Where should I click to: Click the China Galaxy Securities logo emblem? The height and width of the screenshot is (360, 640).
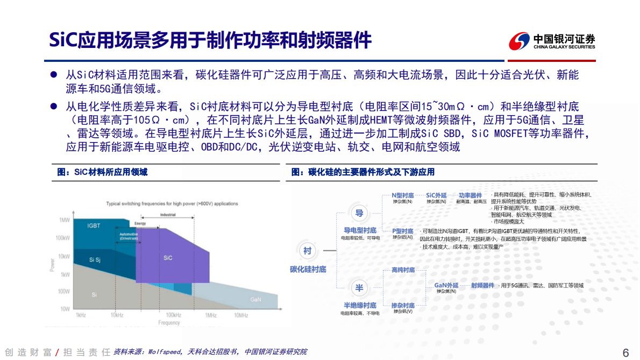click(x=519, y=41)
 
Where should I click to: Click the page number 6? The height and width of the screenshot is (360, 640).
click(x=625, y=352)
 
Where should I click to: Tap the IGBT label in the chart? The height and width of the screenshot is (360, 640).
click(x=94, y=226)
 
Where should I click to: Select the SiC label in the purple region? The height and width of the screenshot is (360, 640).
click(x=168, y=258)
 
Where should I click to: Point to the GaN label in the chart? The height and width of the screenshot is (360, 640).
click(x=256, y=299)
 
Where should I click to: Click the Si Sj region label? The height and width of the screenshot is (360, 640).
click(x=95, y=260)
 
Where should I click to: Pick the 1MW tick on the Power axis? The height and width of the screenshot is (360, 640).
click(x=65, y=221)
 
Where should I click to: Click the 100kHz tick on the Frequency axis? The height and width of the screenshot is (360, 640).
click(x=173, y=315)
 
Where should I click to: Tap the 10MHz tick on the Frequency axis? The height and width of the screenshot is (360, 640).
click(x=240, y=315)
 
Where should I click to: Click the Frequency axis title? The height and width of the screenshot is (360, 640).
click(x=169, y=322)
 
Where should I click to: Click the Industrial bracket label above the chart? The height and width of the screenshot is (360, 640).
click(x=168, y=215)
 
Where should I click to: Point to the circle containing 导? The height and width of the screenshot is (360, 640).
click(x=359, y=213)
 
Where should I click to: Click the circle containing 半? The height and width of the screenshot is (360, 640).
click(x=359, y=288)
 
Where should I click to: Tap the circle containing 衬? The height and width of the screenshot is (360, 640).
click(x=307, y=251)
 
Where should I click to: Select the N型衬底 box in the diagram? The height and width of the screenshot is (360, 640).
click(x=402, y=195)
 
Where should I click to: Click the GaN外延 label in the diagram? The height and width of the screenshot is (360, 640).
click(x=446, y=285)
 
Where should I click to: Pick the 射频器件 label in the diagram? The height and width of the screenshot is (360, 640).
click(x=482, y=285)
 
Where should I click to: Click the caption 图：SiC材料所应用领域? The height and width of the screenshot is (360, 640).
click(x=102, y=172)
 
